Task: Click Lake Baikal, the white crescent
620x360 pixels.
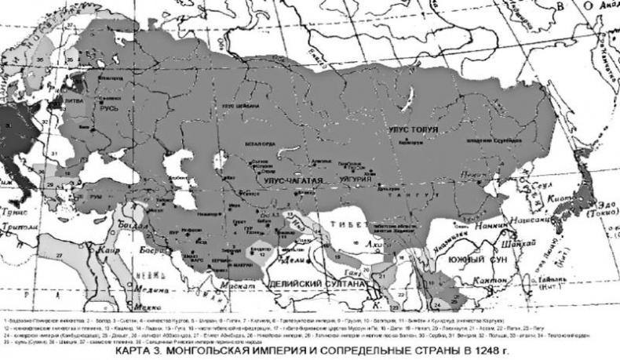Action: click(x=407, y=102)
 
